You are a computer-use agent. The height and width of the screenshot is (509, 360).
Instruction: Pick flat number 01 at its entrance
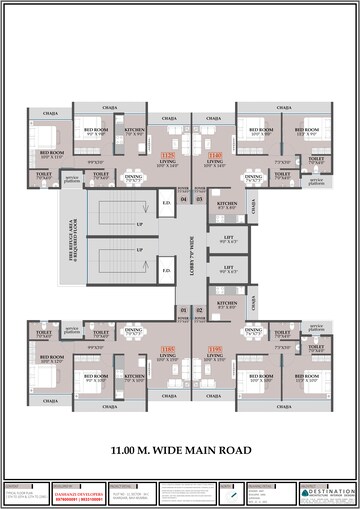(x=183, y=311)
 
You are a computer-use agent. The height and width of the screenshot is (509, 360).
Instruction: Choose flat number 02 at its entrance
(x=199, y=311)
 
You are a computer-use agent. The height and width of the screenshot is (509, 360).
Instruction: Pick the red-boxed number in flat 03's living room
(x=214, y=155)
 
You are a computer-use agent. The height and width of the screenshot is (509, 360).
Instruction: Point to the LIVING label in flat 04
(x=167, y=161)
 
